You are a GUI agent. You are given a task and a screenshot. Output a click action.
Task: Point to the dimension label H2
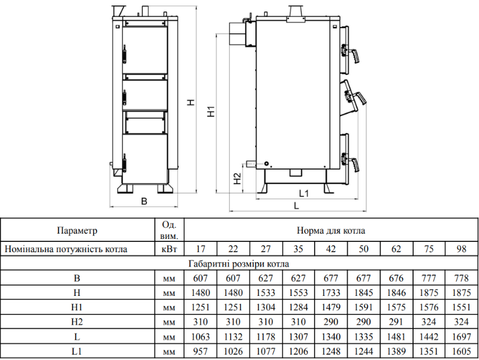click(x=238, y=178)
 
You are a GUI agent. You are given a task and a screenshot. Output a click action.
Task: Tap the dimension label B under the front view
click(x=143, y=201)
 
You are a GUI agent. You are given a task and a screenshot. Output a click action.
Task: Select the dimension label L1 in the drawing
click(x=303, y=193)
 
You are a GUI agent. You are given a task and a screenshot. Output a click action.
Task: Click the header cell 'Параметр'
click(x=77, y=230)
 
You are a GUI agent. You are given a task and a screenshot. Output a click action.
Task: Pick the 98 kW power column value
click(x=462, y=249)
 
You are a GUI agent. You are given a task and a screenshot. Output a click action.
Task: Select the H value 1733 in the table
click(x=330, y=293)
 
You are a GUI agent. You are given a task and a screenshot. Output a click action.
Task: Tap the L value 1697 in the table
click(x=462, y=337)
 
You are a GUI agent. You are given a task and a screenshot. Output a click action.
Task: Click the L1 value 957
click(x=200, y=352)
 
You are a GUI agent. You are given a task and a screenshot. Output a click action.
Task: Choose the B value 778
click(x=462, y=279)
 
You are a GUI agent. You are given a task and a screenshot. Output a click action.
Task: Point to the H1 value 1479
click(x=330, y=308)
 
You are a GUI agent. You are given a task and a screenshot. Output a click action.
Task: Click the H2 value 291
click(x=396, y=322)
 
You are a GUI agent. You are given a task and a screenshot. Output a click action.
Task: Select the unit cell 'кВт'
click(x=169, y=249)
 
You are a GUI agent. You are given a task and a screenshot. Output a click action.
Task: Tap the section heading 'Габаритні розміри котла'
click(x=239, y=264)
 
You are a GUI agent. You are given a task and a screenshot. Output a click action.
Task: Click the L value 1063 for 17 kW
click(x=200, y=337)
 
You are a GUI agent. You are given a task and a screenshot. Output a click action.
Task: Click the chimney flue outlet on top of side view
click(x=295, y=13)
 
